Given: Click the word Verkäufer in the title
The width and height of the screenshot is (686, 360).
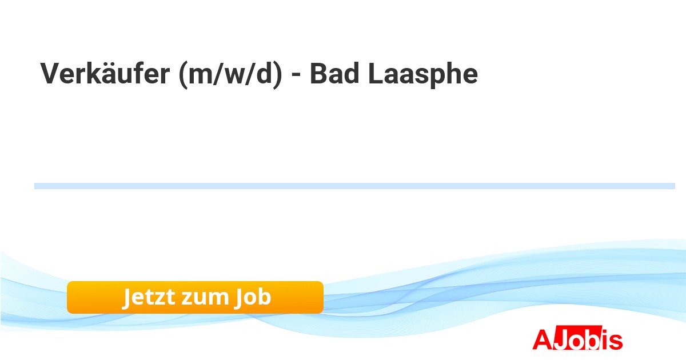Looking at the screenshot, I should pyautogui.click(x=104, y=74).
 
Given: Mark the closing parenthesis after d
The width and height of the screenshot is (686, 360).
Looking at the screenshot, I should pyautogui.click(x=277, y=75).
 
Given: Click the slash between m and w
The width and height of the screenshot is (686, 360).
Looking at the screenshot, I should pyautogui.click(x=217, y=75).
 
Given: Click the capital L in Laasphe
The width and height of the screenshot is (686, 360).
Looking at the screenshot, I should pyautogui.click(x=374, y=74).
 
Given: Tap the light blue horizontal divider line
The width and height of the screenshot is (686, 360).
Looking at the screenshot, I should pyautogui.click(x=354, y=186).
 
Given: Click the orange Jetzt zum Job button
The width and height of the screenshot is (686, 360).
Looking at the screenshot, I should pyautogui.click(x=195, y=297).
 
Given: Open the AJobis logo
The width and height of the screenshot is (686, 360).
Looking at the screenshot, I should pyautogui.click(x=577, y=339).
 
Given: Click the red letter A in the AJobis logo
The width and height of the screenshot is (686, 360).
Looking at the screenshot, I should pyautogui.click(x=542, y=339).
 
